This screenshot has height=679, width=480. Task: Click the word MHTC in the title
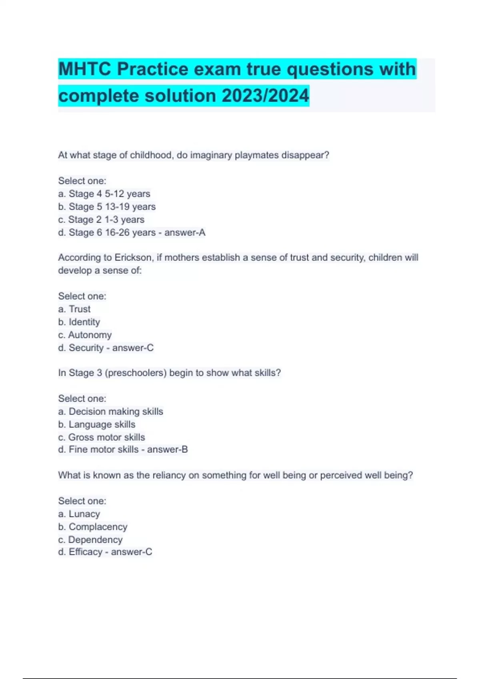pyautogui.click(x=84, y=69)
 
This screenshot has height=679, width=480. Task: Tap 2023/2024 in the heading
pyautogui.click(x=265, y=96)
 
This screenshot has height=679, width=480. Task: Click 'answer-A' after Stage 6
pyautogui.click(x=185, y=232)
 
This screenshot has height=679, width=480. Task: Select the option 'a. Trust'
pyautogui.click(x=74, y=309)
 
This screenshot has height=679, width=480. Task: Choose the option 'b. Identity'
pyautogui.click(x=79, y=322)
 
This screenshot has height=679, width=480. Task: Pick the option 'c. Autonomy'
pyautogui.click(x=85, y=335)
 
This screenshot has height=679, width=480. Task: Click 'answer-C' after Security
pyautogui.click(x=133, y=348)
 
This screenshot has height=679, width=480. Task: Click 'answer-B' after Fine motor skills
pyautogui.click(x=167, y=450)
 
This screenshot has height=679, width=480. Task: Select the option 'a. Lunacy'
pyautogui.click(x=79, y=514)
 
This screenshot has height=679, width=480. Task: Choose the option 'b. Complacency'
pyautogui.click(x=93, y=527)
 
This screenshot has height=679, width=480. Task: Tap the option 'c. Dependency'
pyautogui.click(x=90, y=540)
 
